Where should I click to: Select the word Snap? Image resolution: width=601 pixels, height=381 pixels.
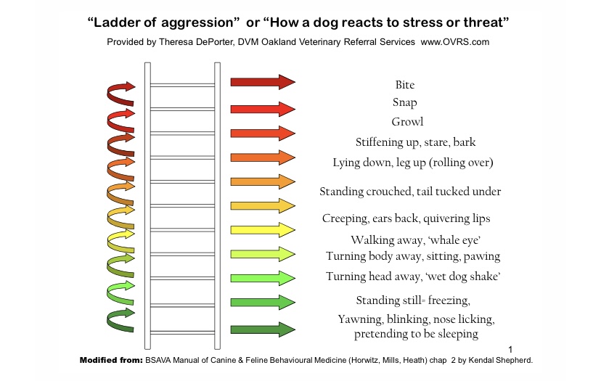pyautogui.click(x=405, y=103)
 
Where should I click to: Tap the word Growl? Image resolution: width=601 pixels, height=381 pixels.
pyautogui.click(x=407, y=122)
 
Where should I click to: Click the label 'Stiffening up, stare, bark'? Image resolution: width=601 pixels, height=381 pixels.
pyautogui.click(x=415, y=142)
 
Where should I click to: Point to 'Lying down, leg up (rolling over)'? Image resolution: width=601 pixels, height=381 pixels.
pyautogui.click(x=413, y=163)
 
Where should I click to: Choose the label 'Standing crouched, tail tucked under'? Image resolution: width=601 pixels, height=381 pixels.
pyautogui.click(x=410, y=192)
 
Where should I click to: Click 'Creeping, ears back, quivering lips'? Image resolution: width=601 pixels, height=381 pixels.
pyautogui.click(x=406, y=218)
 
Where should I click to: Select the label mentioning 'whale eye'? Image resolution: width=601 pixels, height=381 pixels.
pyautogui.click(x=406, y=240)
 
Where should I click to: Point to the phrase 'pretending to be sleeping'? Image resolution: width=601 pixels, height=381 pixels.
pyautogui.click(x=416, y=334)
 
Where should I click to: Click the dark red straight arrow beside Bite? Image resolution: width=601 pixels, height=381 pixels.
pyautogui.click(x=262, y=81)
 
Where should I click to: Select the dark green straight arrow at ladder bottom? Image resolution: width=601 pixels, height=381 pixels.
pyautogui.click(x=262, y=329)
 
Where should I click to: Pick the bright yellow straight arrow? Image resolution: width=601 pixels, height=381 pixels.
pyautogui.click(x=262, y=229)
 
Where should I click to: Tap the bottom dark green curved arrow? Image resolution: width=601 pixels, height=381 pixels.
pyautogui.click(x=120, y=320)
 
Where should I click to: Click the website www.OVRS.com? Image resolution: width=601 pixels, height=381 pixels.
pyautogui.click(x=455, y=42)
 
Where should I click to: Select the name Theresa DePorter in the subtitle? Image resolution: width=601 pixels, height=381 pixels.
pyautogui.click(x=191, y=42)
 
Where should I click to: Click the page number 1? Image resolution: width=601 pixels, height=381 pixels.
pyautogui.click(x=511, y=349)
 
